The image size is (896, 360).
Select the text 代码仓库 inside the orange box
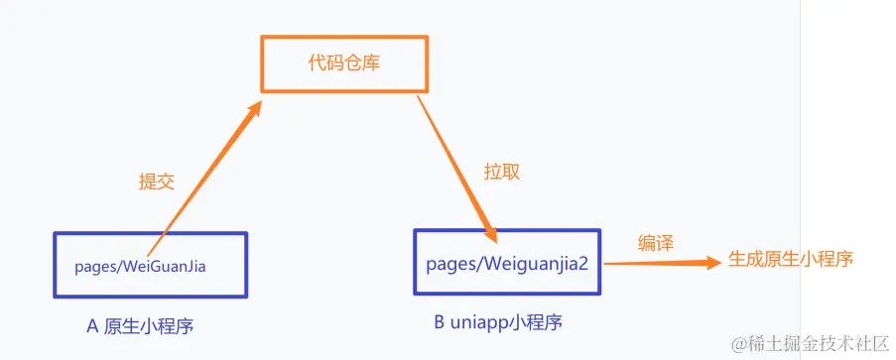tap(344, 64)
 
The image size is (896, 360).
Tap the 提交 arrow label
tap(157, 180)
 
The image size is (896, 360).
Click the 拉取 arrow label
tap(501, 171)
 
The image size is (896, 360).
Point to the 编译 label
tap(655, 242)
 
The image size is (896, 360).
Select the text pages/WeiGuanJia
tap(146, 265)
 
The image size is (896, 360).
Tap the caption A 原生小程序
tap(149, 326)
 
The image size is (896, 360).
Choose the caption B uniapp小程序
tap(505, 324)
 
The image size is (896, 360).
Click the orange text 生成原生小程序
tap(791, 259)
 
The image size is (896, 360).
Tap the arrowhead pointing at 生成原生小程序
tap(710, 262)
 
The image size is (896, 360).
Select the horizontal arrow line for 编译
tap(655, 263)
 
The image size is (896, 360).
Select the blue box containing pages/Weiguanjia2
tap(507, 238)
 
